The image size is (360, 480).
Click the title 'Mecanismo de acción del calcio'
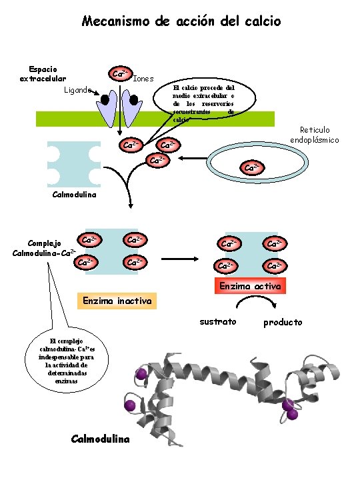[181, 21]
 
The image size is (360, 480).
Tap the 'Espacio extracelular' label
[43, 74]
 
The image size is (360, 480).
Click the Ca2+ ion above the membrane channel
[120, 74]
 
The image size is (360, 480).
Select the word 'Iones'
[143, 79]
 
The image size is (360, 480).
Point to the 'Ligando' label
[78, 90]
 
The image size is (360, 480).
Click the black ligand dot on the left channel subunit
[105, 99]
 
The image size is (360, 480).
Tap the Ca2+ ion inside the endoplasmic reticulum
[252, 168]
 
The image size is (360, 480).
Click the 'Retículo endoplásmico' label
[315, 135]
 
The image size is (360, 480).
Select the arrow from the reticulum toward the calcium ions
[193, 158]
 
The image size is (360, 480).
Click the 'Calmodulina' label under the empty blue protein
[75, 195]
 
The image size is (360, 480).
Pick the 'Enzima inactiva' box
[117, 301]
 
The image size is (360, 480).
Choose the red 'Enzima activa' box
[250, 286]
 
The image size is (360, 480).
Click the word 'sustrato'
[218, 322]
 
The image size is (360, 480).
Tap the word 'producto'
[283, 323]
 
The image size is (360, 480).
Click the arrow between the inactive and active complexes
[180, 259]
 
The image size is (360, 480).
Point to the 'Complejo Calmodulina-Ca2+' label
[45, 248]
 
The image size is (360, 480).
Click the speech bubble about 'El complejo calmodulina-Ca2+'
[67, 361]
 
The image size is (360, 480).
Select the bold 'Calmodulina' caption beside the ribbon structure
[100, 439]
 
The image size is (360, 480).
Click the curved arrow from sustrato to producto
[257, 297]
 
